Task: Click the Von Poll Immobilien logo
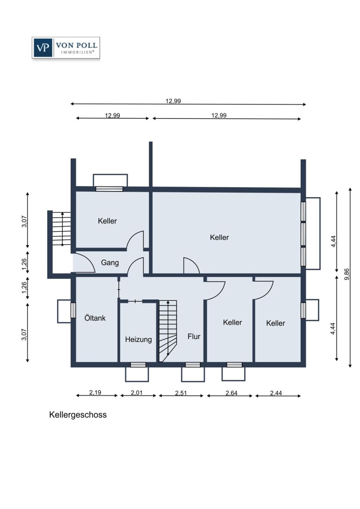(x=66, y=47)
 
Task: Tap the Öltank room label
(x=95, y=318)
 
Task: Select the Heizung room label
(x=138, y=339)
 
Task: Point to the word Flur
(x=194, y=337)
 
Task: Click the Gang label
(x=110, y=262)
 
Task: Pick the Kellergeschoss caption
(x=78, y=415)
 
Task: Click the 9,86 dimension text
(x=347, y=274)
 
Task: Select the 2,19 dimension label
(x=95, y=392)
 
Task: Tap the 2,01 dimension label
(x=137, y=392)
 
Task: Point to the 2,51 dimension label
(x=181, y=393)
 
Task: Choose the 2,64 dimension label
(x=231, y=393)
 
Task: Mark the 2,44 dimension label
(x=276, y=393)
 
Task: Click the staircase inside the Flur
(x=168, y=330)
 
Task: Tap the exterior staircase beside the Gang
(x=62, y=228)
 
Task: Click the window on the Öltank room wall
(x=73, y=310)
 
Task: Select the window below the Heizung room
(x=138, y=365)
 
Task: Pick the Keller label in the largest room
(x=219, y=237)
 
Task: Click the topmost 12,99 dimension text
(x=173, y=101)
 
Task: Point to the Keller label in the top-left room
(x=107, y=221)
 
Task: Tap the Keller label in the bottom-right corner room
(x=276, y=323)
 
